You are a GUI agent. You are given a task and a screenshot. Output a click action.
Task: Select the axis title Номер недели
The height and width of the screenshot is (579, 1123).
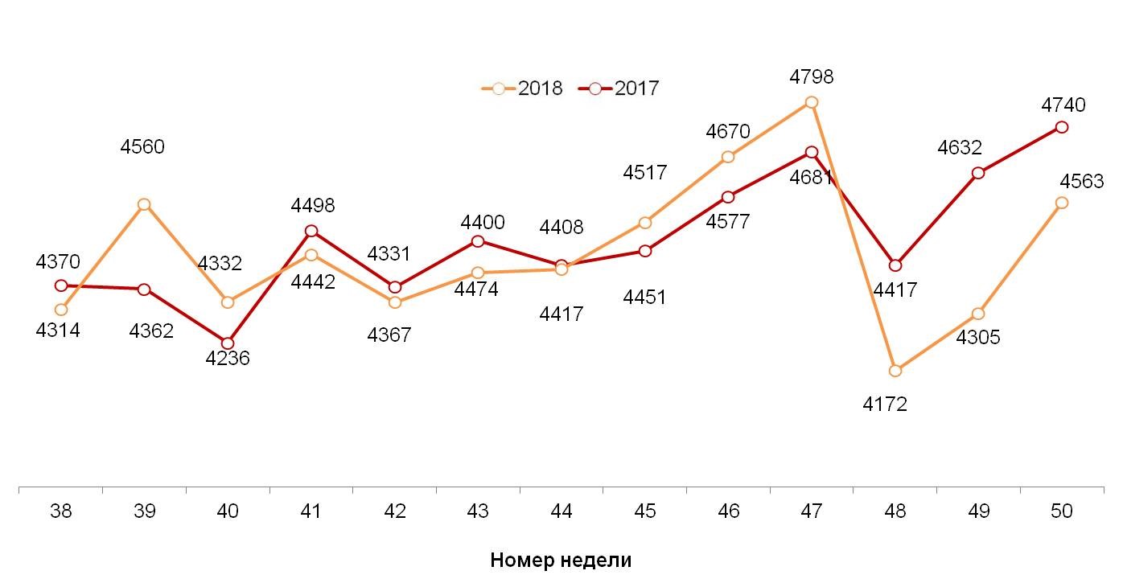(x=561, y=561)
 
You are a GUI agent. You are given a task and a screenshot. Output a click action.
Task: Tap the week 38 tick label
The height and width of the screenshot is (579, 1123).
(x=60, y=511)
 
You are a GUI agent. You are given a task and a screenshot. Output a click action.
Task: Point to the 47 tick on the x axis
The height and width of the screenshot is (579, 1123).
(x=812, y=511)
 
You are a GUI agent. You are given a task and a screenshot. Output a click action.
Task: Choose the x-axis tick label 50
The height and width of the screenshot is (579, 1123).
(x=1062, y=511)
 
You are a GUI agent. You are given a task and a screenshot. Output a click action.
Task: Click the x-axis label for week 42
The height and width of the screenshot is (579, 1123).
(x=394, y=511)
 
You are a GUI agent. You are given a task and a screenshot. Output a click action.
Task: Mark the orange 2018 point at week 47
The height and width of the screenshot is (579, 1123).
(x=812, y=102)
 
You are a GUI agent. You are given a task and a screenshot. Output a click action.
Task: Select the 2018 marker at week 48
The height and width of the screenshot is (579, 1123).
(x=895, y=371)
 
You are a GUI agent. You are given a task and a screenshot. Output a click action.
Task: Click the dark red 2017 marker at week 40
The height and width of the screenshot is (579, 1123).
(x=228, y=343)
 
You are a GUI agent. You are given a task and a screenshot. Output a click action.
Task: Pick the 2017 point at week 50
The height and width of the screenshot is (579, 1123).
(x=1062, y=127)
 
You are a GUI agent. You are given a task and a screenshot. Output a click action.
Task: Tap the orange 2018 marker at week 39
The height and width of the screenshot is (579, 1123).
(x=144, y=204)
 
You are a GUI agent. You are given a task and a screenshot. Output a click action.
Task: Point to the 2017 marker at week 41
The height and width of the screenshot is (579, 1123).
(x=311, y=231)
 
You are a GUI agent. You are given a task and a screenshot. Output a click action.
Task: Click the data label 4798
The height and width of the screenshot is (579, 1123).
(x=812, y=77)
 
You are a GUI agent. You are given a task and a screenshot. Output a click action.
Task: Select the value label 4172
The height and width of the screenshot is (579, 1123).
(x=885, y=404)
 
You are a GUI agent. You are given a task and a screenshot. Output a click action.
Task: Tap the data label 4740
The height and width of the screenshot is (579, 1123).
(x=1063, y=105)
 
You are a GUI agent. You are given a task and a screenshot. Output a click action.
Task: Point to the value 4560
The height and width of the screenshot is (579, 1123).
(x=142, y=147)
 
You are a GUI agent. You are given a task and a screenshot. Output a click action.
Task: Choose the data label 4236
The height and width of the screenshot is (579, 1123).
(x=228, y=359)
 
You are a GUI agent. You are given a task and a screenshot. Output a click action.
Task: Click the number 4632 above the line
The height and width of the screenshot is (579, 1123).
(x=960, y=148)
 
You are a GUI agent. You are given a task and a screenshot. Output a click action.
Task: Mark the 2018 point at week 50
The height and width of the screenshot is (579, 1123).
(x=1062, y=203)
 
